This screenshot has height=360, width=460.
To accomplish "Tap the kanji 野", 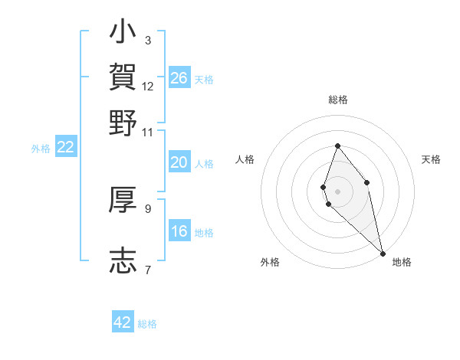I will click(123, 123).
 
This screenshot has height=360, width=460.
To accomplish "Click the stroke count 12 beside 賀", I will click(148, 86).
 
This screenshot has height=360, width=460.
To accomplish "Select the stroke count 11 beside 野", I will click(148, 132).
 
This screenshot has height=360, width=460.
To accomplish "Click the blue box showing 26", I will click(179, 78).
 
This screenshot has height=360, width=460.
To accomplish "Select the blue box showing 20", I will click(179, 162).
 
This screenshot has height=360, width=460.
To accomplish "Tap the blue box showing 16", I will click(179, 231).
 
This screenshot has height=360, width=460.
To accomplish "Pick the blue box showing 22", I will click(65, 148).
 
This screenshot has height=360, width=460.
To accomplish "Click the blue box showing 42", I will click(123, 322).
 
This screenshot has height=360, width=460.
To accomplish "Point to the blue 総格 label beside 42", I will click(147, 324).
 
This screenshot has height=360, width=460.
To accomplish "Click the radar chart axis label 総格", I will click(337, 100).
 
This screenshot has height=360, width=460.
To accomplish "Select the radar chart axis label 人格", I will click(245, 159).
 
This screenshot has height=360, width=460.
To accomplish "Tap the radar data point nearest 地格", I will click(383, 254).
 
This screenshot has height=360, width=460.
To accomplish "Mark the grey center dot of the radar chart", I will click(337, 191).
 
